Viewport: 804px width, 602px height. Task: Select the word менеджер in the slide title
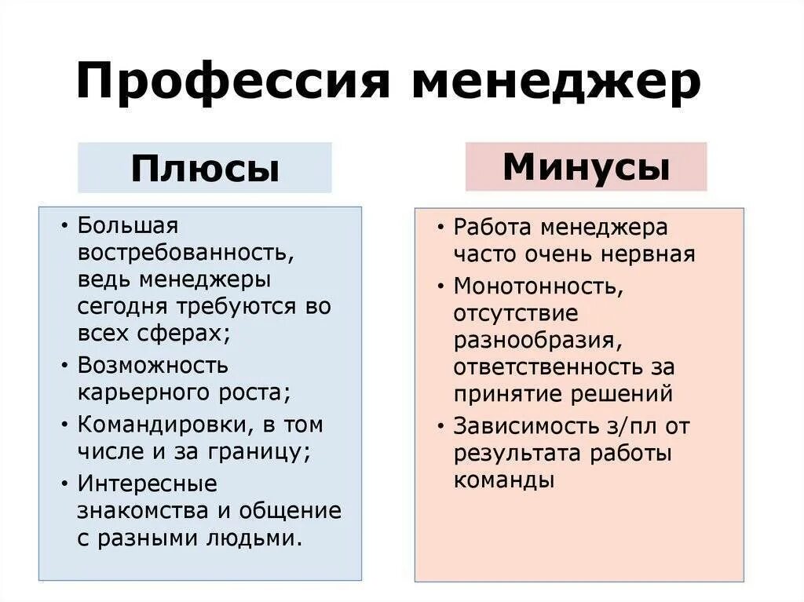[556, 82]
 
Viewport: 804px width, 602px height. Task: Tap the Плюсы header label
[205, 168]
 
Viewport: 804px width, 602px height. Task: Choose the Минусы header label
[586, 166]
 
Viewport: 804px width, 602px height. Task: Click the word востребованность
[185, 254]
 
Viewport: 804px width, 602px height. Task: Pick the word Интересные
[148, 483]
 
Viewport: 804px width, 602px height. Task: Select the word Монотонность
[539, 286]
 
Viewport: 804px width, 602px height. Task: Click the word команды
[504, 480]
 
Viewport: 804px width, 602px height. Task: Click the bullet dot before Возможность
[64, 366]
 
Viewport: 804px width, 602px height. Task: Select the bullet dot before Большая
[64, 226]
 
